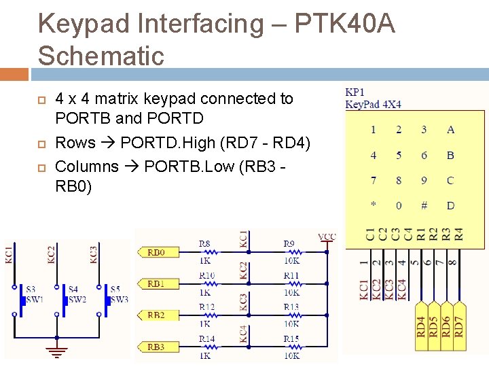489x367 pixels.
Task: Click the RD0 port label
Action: tap(156, 252)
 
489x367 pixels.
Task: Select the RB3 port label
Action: tap(156, 347)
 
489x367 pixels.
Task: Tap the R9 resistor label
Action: tap(289, 243)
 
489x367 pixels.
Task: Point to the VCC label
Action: tap(327, 237)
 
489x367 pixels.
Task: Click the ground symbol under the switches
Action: tap(56, 351)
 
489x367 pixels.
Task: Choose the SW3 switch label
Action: tap(120, 300)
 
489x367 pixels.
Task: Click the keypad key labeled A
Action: tap(450, 130)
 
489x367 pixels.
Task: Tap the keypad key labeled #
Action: tap(424, 205)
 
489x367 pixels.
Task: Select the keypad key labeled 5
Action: tap(399, 155)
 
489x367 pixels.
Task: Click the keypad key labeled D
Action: tap(450, 205)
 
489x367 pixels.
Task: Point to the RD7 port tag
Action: tap(459, 326)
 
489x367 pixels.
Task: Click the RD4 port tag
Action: tap(422, 326)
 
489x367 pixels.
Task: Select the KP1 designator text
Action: tap(355, 92)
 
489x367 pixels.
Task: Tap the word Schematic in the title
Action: tap(101, 56)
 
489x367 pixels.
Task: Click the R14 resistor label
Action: tap(206, 338)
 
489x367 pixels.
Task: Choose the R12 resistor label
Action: tap(206, 307)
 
